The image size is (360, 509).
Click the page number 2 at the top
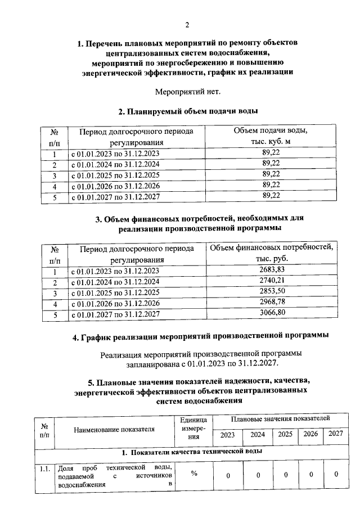187,24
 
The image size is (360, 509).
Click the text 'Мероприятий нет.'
187,91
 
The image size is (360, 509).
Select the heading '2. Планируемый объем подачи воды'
187,111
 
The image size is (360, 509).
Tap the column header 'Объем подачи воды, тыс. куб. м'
271,137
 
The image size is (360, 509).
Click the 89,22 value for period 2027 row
271,196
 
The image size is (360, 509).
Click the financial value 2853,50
271,292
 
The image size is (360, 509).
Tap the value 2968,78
271,303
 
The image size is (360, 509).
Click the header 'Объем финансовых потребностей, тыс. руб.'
271,254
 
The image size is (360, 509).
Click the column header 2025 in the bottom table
285,434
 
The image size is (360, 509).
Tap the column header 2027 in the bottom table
336,434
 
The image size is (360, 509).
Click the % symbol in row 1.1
193,474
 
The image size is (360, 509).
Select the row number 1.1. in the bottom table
44,468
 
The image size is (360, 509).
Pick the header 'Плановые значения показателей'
280,419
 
